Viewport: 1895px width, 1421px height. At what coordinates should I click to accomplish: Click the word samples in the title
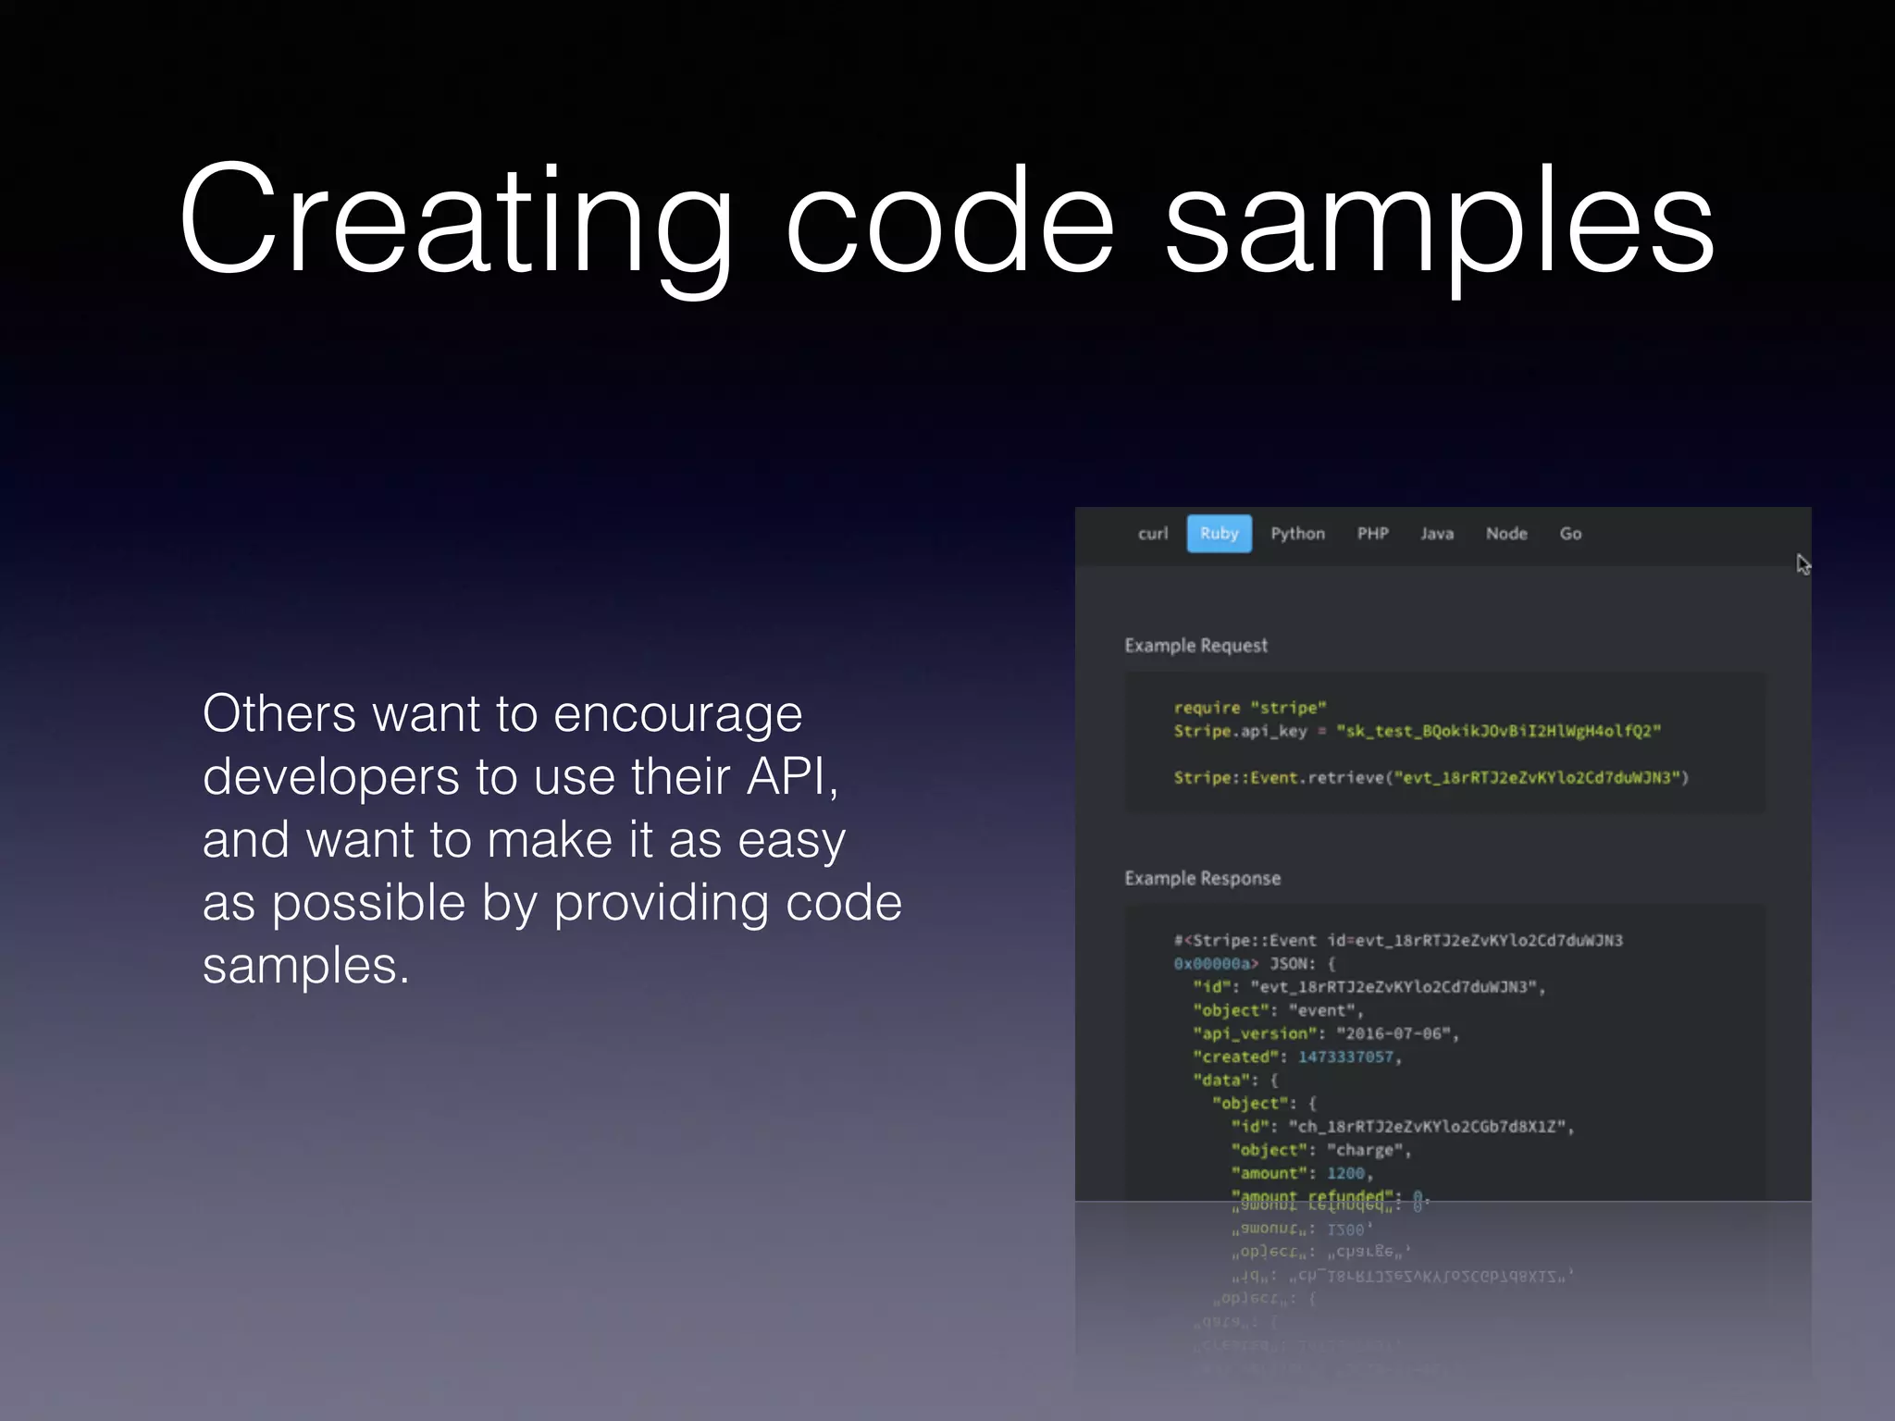point(1439,222)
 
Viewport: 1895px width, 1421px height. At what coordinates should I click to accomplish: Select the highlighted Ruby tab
point(1219,534)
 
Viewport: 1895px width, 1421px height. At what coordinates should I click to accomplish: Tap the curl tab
point(1153,534)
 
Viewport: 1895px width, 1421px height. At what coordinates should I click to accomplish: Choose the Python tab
point(1297,534)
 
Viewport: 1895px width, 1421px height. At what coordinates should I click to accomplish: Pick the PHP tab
point(1372,534)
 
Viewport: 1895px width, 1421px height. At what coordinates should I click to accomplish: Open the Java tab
point(1437,534)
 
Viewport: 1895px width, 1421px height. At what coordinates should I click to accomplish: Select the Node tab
point(1506,534)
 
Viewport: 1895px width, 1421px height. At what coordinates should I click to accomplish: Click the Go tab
point(1570,534)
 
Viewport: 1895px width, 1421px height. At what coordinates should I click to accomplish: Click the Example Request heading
point(1195,646)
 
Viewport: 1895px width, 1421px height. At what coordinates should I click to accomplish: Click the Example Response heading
point(1202,878)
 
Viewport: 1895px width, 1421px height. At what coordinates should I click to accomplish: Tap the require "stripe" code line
point(1249,708)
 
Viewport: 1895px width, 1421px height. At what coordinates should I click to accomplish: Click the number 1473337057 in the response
point(1345,1056)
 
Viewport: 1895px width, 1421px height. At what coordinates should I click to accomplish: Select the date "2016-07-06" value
point(1393,1033)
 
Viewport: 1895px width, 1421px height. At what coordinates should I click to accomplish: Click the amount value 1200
point(1345,1173)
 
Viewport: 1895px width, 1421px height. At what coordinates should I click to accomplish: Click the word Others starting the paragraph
point(279,714)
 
